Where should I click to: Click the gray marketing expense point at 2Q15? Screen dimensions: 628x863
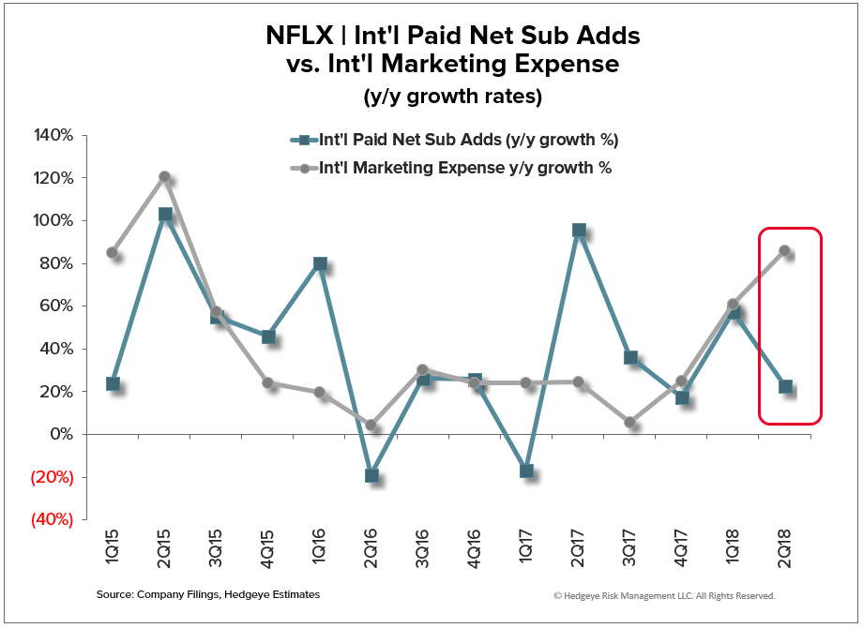point(164,176)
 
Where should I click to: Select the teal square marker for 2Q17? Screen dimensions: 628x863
point(579,230)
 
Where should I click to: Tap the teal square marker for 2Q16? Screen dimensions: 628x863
point(371,475)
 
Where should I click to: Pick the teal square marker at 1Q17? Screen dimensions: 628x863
point(527,471)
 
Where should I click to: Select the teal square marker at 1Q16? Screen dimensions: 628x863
point(320,263)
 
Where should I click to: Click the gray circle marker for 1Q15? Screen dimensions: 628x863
point(113,252)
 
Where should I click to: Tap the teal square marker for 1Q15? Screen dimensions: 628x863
point(113,383)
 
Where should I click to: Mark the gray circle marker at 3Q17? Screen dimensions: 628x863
point(630,423)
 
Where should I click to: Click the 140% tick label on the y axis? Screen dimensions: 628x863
point(54,135)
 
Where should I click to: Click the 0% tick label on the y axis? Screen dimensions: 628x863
point(61,434)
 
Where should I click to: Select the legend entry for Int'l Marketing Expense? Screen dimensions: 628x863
point(465,169)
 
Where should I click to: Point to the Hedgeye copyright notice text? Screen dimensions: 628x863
point(664,595)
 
